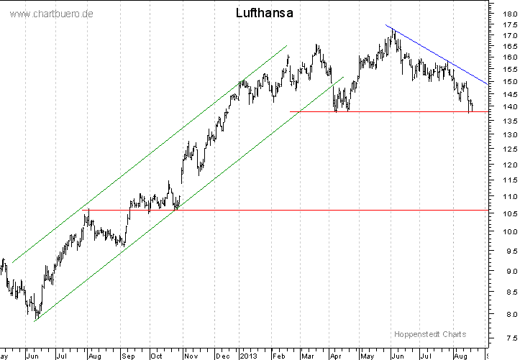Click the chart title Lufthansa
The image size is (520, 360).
coord(264,13)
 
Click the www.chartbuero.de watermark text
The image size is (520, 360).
coord(53,14)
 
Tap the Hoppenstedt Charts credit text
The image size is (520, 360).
coord(430,334)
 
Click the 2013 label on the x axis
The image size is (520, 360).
coord(248,355)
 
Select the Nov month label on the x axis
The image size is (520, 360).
coord(191,355)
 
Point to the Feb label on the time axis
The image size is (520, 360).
coord(278,355)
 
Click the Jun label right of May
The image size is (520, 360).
coord(395,355)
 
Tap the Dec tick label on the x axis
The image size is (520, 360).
coord(222,355)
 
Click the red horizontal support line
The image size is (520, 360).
coord(288,210)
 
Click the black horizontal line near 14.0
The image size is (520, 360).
coord(403,111)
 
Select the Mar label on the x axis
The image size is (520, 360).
coord(307,355)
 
